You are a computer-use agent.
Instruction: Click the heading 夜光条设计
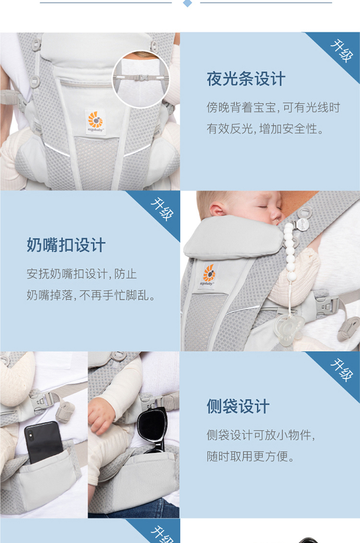[246, 79]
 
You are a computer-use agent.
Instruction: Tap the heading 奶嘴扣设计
[66, 245]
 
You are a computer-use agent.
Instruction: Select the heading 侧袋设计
[238, 406]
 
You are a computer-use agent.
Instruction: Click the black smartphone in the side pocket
[43, 441]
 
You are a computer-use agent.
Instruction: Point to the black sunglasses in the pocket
[153, 428]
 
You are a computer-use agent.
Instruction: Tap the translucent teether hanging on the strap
[288, 329]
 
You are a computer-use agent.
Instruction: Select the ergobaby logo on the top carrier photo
[96, 121]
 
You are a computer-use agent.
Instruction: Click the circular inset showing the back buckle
[141, 79]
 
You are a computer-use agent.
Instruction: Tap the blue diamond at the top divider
[187, 3]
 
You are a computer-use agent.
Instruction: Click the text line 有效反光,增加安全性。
[265, 129]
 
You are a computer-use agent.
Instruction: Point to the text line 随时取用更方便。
[251, 456]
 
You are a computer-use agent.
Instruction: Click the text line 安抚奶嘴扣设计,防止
[82, 274]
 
